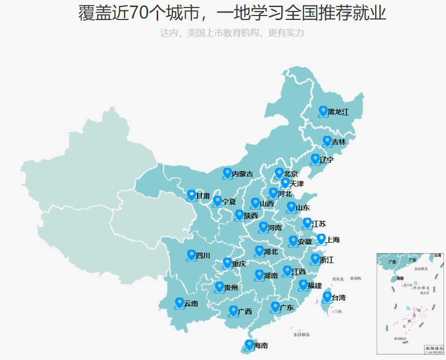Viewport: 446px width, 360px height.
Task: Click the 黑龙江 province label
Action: coord(338,112)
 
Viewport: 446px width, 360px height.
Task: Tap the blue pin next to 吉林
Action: coord(327,141)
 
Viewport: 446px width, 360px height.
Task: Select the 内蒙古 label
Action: coord(242,174)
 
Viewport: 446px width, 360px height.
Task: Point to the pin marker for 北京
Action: coord(279,173)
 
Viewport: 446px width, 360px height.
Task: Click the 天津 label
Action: coord(296,184)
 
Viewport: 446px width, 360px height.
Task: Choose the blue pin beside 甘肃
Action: coord(192,195)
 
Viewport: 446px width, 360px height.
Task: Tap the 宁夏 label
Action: coord(229,202)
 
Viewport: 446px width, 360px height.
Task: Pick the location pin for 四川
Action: coord(192,255)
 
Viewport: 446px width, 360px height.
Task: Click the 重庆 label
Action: coord(238,263)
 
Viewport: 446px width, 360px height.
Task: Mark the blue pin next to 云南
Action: coord(180,303)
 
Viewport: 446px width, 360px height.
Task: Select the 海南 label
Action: coord(261,346)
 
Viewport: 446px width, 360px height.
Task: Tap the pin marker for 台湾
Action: coord(327,297)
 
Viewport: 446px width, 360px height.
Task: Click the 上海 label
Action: coord(333,240)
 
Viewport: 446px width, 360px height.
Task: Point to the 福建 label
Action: coord(315,286)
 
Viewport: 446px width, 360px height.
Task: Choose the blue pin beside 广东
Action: coord(275,307)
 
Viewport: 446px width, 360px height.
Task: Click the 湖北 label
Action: coord(271,251)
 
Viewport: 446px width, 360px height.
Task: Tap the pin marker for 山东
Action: coord(291,207)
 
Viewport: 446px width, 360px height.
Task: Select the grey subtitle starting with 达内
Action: coord(231,33)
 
